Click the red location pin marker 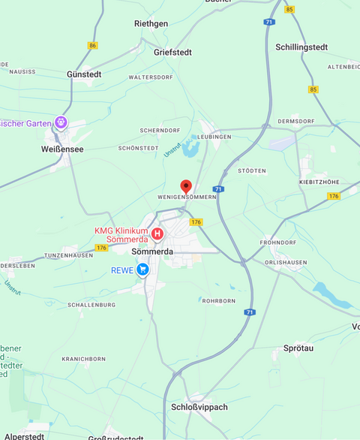(186, 186)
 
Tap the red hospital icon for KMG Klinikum (157, 234)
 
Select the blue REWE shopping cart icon (142, 270)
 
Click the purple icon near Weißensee (61, 122)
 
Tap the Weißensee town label (62, 149)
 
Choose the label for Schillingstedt (301, 47)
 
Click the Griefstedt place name (173, 53)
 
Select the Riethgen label (151, 23)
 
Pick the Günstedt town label (84, 74)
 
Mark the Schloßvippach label (199, 407)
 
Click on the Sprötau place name (298, 349)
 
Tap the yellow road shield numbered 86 (92, 46)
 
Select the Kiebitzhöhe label (319, 182)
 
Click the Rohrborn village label (218, 300)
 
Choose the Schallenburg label (91, 305)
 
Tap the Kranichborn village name (84, 360)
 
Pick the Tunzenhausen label (68, 255)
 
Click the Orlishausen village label (286, 262)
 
